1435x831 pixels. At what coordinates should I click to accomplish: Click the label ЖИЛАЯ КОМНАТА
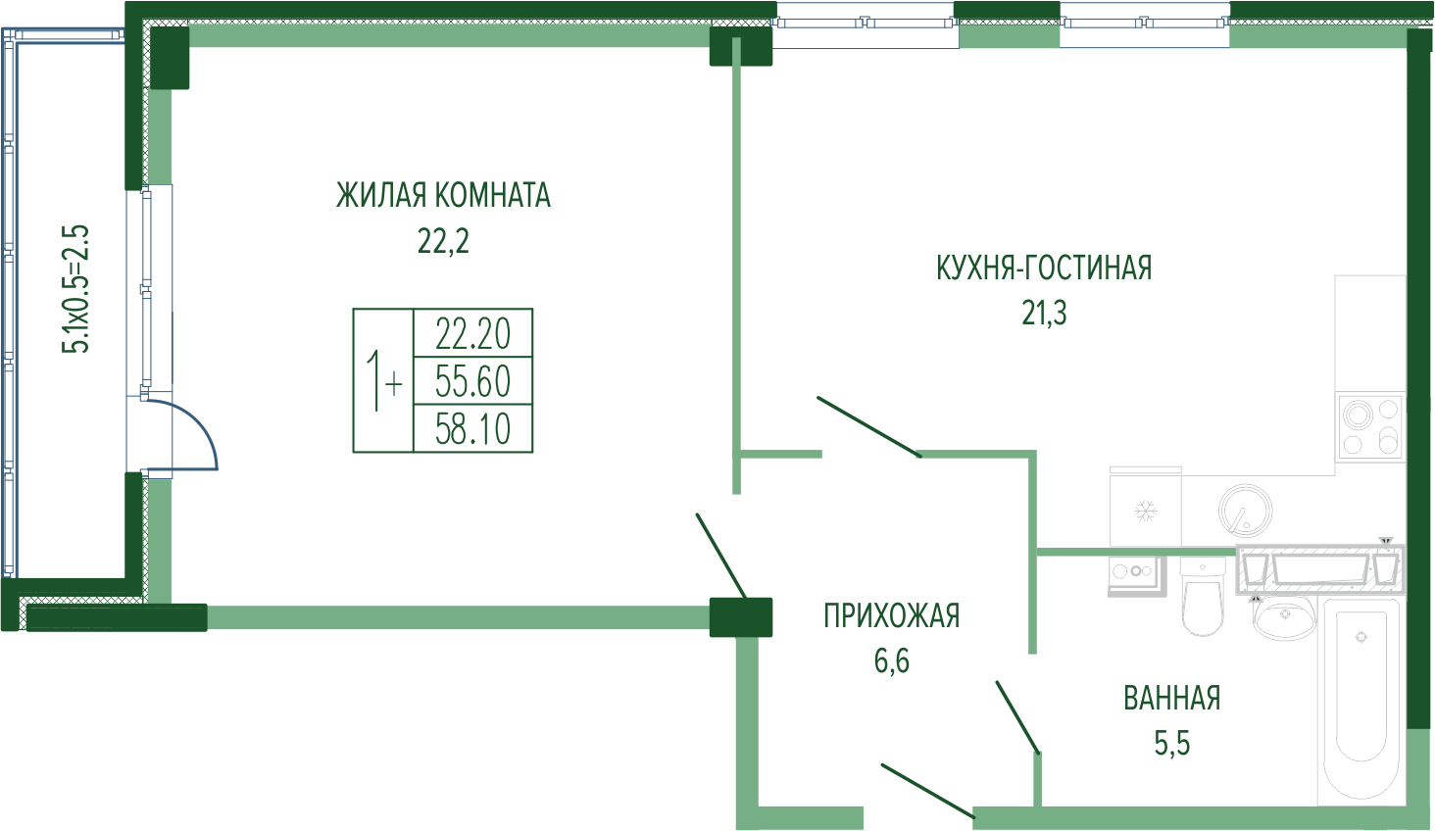(443, 195)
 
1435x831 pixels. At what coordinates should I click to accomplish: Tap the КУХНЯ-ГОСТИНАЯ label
(1044, 268)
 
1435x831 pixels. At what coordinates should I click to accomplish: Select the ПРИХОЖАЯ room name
(891, 615)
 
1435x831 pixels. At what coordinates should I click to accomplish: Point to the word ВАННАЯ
(1171, 698)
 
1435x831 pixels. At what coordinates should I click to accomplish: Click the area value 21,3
(1044, 314)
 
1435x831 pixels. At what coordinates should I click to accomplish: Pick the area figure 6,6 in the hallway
(891, 661)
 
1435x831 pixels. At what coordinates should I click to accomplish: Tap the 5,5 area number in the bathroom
(1171, 744)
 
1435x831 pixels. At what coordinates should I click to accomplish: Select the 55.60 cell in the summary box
(472, 380)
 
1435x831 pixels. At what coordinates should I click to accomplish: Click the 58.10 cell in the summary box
(472, 428)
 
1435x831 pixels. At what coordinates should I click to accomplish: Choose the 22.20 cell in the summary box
(472, 333)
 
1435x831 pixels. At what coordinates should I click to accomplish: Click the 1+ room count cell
(382, 381)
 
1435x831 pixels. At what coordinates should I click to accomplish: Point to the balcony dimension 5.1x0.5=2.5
(76, 289)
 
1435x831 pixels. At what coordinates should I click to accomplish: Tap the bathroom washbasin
(1283, 617)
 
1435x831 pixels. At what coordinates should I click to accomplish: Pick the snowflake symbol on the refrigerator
(1144, 511)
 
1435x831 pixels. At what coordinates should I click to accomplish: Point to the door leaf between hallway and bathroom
(1016, 716)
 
